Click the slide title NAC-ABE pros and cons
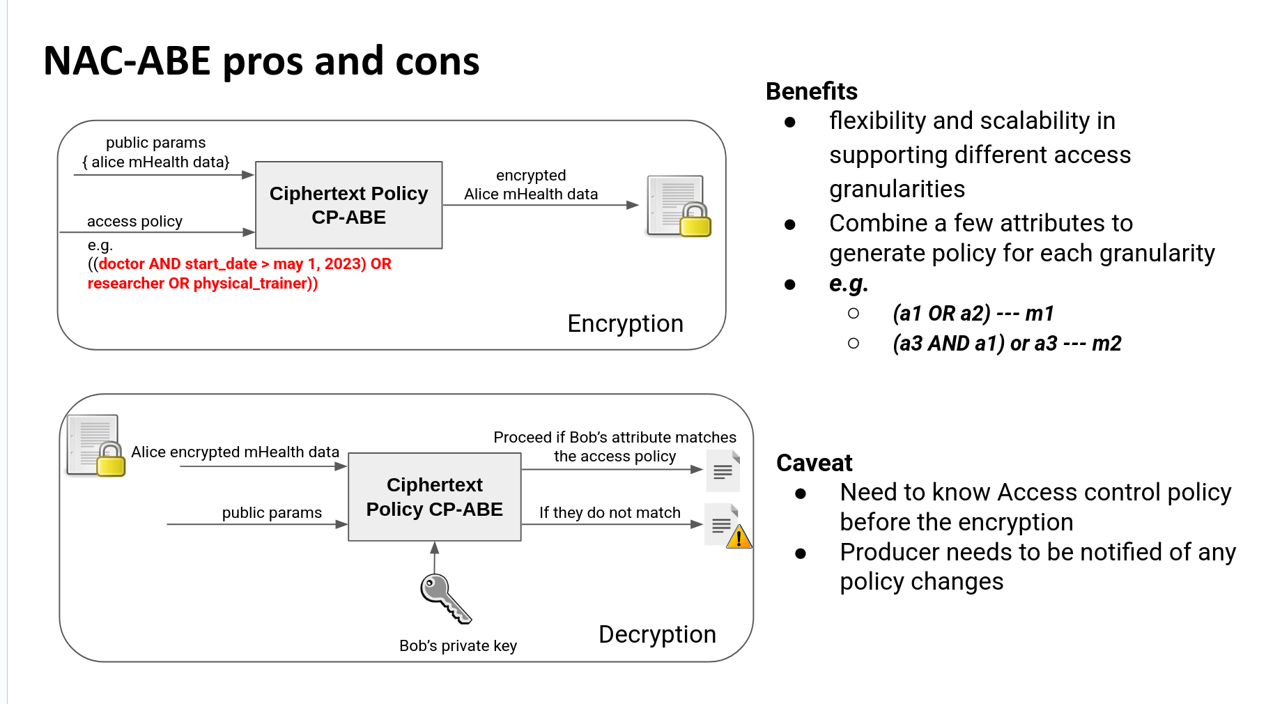(261, 61)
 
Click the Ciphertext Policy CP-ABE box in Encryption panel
(348, 205)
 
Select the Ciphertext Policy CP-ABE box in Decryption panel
(434, 497)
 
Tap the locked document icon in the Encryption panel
(678, 206)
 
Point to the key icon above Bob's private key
(445, 598)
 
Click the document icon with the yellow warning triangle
(727, 526)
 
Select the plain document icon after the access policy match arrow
(723, 470)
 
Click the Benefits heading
(811, 91)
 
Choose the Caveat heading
(814, 463)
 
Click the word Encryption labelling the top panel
(625, 323)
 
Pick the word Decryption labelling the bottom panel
(657, 634)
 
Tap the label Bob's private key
(458, 646)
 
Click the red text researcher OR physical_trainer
(202, 284)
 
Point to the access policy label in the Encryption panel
(134, 222)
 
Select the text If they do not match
(610, 513)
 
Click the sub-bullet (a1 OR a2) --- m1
(973, 314)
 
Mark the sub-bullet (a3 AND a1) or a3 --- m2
(1007, 344)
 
